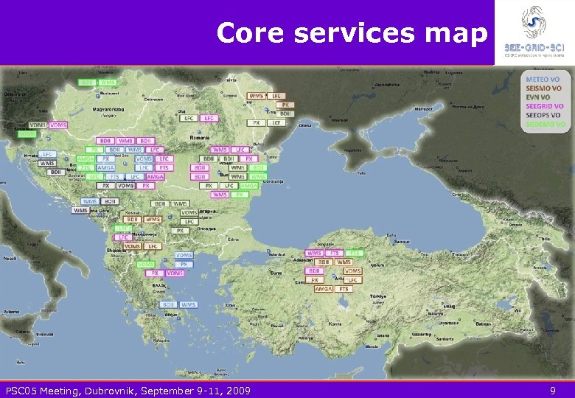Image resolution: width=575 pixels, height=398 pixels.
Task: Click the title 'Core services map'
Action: pos(352,33)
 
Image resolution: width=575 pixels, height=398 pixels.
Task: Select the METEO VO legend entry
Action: pos(543,79)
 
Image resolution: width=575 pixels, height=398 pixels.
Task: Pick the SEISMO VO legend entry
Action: pos(544,88)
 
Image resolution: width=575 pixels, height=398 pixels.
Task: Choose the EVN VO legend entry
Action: pos(538,97)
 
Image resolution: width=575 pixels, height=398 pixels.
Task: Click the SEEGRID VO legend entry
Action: pos(545,106)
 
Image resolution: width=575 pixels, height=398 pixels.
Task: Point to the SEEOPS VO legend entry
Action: pos(543,115)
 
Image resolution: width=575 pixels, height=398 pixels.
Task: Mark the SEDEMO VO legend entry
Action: pos(545,125)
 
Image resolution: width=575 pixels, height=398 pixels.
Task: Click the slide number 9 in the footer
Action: pos(553,390)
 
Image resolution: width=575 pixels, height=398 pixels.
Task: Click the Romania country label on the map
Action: pos(200,137)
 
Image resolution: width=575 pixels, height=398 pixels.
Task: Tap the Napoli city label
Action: pos(10,259)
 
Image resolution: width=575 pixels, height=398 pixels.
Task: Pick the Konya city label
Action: pos(335,323)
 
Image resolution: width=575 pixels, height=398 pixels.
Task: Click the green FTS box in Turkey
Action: pos(355,253)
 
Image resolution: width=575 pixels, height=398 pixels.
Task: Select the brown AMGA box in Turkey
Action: pos(322,290)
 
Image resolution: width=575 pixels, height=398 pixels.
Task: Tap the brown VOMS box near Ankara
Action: pos(352,271)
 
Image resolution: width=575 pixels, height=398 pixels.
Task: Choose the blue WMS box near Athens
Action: pos(188,304)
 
